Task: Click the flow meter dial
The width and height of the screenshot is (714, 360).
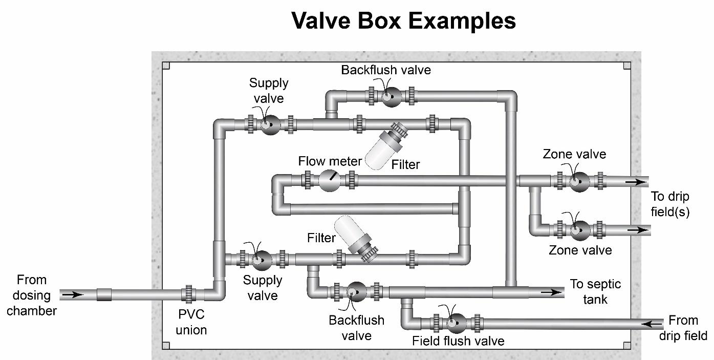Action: click(330, 180)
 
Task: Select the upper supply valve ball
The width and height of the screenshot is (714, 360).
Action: click(270, 124)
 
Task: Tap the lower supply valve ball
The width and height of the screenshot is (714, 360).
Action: click(262, 260)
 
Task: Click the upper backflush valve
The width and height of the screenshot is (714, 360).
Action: click(392, 96)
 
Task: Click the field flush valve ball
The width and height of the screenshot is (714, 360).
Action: click(455, 323)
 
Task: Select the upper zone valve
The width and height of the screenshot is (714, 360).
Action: click(578, 181)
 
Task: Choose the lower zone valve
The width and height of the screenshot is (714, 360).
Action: click(578, 230)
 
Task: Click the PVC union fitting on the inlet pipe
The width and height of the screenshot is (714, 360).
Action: click(188, 295)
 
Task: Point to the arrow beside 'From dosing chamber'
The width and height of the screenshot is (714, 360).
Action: click(72, 294)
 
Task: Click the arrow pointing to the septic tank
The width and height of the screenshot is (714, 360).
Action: click(551, 292)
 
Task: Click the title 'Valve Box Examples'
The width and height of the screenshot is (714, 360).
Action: click(403, 20)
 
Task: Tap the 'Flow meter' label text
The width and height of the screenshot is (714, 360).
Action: click(330, 162)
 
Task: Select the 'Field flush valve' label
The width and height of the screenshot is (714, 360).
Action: click(458, 341)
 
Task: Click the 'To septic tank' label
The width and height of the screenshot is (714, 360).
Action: click(595, 291)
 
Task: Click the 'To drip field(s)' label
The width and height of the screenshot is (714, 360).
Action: click(669, 204)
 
